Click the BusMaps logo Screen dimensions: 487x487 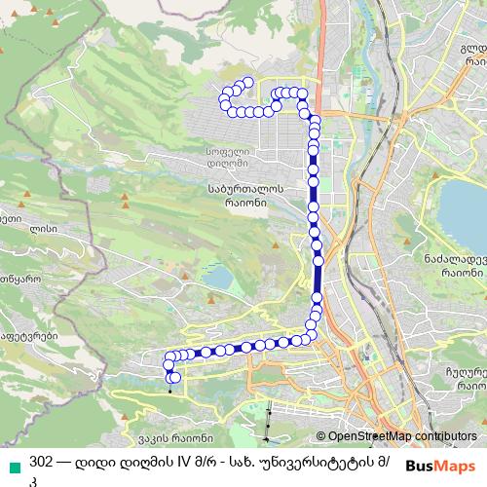[x=441, y=465]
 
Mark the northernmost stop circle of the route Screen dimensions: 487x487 [x=247, y=83]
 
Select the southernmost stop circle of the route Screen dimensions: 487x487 [x=174, y=378]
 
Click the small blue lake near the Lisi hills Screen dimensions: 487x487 [x=220, y=278]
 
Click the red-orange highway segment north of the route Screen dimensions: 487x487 [x=319, y=78]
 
